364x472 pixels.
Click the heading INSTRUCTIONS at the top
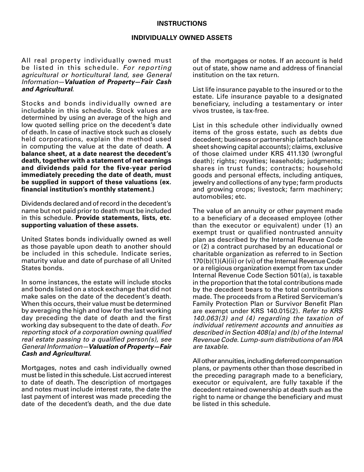(x=182, y=24)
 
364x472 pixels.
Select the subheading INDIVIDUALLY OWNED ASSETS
(x=182, y=38)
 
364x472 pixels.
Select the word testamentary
(x=270, y=104)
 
